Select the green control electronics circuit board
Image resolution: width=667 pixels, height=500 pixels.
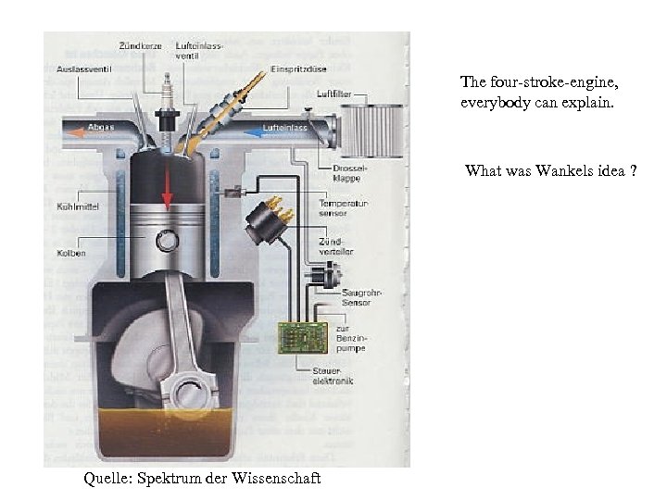click(303, 337)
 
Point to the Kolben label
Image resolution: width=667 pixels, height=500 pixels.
click(70, 252)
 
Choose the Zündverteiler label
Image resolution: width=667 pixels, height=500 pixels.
click(335, 245)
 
